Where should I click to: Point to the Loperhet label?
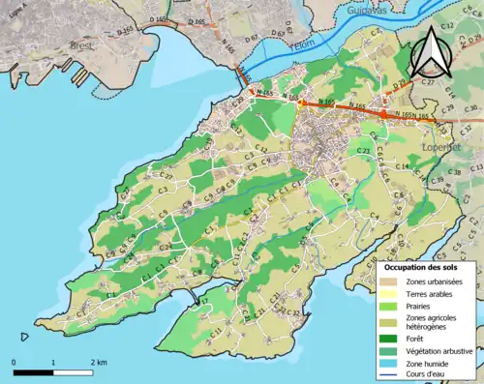pos(441,147)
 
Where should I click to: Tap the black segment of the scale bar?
pos(33,372)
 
